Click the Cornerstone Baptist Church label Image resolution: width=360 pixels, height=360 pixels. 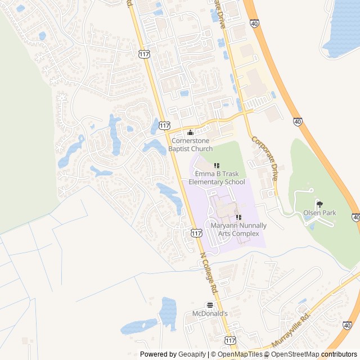(x=191, y=145)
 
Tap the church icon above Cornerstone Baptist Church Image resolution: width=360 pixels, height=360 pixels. (x=190, y=133)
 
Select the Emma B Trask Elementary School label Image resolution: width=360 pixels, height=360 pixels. (x=217, y=178)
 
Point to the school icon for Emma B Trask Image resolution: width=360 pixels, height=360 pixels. (x=217, y=165)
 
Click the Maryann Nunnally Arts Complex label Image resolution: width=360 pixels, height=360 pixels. (x=238, y=229)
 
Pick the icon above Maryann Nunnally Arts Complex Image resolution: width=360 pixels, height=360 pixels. (x=238, y=217)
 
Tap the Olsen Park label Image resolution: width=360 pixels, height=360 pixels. (x=319, y=213)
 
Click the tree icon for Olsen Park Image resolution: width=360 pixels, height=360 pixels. (x=319, y=204)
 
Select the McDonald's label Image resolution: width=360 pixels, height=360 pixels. (x=210, y=313)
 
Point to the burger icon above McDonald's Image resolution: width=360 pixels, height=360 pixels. (x=210, y=304)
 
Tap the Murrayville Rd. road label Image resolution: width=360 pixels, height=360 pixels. (x=291, y=331)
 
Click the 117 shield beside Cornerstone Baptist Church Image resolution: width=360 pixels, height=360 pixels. (x=164, y=125)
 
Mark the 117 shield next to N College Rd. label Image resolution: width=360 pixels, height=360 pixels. (x=196, y=233)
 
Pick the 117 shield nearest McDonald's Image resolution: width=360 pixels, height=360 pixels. (x=230, y=341)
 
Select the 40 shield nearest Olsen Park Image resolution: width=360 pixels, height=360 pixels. (x=356, y=217)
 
